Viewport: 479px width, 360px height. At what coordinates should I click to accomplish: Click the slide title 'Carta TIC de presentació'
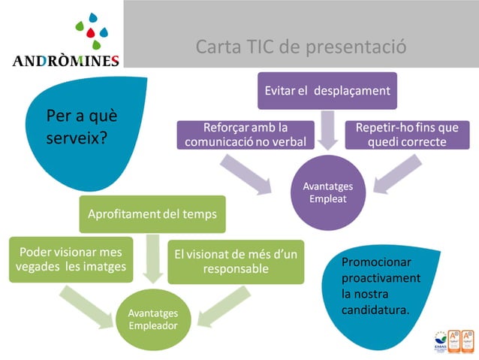point(301,47)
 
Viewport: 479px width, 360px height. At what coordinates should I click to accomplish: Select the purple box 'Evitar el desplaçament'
point(327,90)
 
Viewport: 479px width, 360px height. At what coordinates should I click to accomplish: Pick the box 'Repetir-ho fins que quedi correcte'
point(407,135)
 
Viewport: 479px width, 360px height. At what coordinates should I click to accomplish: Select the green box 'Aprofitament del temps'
point(152,214)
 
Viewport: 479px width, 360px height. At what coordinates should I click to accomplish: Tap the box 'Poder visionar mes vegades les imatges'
point(74,260)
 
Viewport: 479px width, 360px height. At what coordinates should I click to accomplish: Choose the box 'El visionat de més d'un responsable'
point(236,261)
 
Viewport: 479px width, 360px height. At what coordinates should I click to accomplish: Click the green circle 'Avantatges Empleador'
point(153,321)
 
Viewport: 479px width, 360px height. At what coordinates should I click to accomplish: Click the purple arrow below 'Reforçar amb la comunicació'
point(247,172)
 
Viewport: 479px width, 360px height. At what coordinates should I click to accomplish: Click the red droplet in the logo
point(90,32)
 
